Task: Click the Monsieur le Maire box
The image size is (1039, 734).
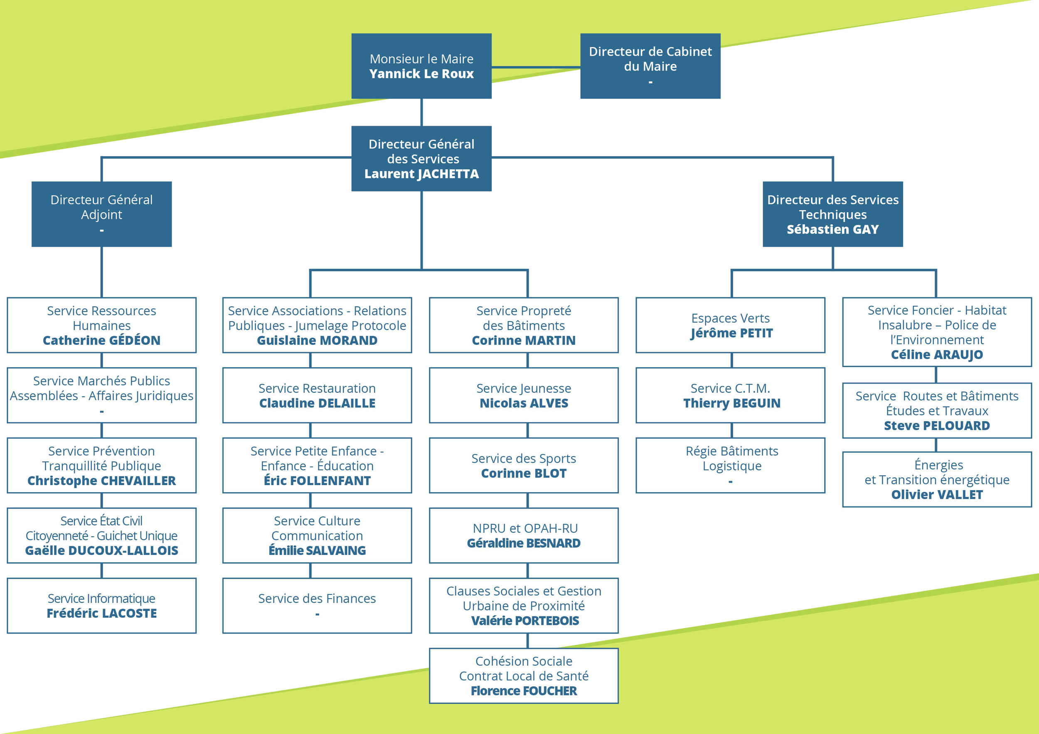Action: (x=421, y=66)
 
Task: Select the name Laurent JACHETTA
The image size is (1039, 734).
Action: (x=421, y=174)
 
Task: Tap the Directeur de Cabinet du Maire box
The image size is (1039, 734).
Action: (x=650, y=66)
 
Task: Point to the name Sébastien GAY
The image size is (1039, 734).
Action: (x=832, y=230)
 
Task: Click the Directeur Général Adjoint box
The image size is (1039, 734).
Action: (x=101, y=214)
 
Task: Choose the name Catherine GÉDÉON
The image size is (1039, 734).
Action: (x=101, y=341)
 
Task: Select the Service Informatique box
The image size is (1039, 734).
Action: (x=101, y=606)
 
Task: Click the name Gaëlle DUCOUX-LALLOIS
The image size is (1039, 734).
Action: (x=101, y=551)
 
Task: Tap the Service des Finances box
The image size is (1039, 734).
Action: (x=317, y=606)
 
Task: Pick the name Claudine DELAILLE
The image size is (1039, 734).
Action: (x=317, y=403)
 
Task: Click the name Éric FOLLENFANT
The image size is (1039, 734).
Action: (x=317, y=481)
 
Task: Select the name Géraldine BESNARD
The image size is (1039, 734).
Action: (x=524, y=543)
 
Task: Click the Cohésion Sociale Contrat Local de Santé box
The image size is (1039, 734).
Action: (x=524, y=676)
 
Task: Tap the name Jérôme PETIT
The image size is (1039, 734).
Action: (x=731, y=333)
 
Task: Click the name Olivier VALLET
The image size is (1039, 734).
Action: (x=937, y=495)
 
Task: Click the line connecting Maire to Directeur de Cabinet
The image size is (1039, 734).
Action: (x=536, y=67)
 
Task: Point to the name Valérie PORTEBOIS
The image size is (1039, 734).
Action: (x=524, y=621)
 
